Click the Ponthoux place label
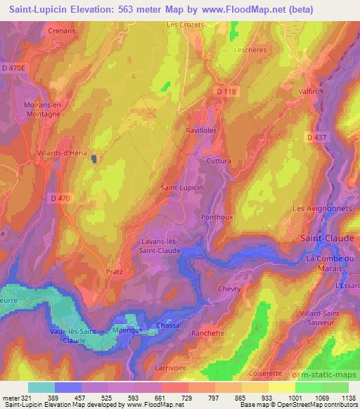point(217,217)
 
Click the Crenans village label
point(62,32)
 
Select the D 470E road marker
point(13,67)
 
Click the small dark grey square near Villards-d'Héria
point(94,159)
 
